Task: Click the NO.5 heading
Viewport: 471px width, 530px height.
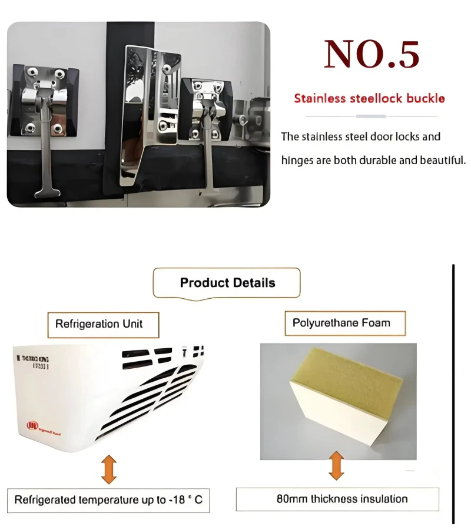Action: [x=372, y=54]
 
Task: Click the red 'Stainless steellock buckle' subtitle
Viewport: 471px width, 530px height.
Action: [x=369, y=98]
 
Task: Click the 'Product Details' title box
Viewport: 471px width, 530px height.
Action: [x=227, y=283]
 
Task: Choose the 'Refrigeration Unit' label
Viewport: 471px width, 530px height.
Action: [x=99, y=324]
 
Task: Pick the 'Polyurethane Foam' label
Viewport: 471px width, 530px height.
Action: [x=341, y=323]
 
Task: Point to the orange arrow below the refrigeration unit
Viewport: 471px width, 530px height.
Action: [x=108, y=468]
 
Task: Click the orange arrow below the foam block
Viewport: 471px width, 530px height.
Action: [x=336, y=465]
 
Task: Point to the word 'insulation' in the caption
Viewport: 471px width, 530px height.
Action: [x=383, y=499]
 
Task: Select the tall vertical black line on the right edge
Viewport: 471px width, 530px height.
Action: [x=453, y=394]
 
